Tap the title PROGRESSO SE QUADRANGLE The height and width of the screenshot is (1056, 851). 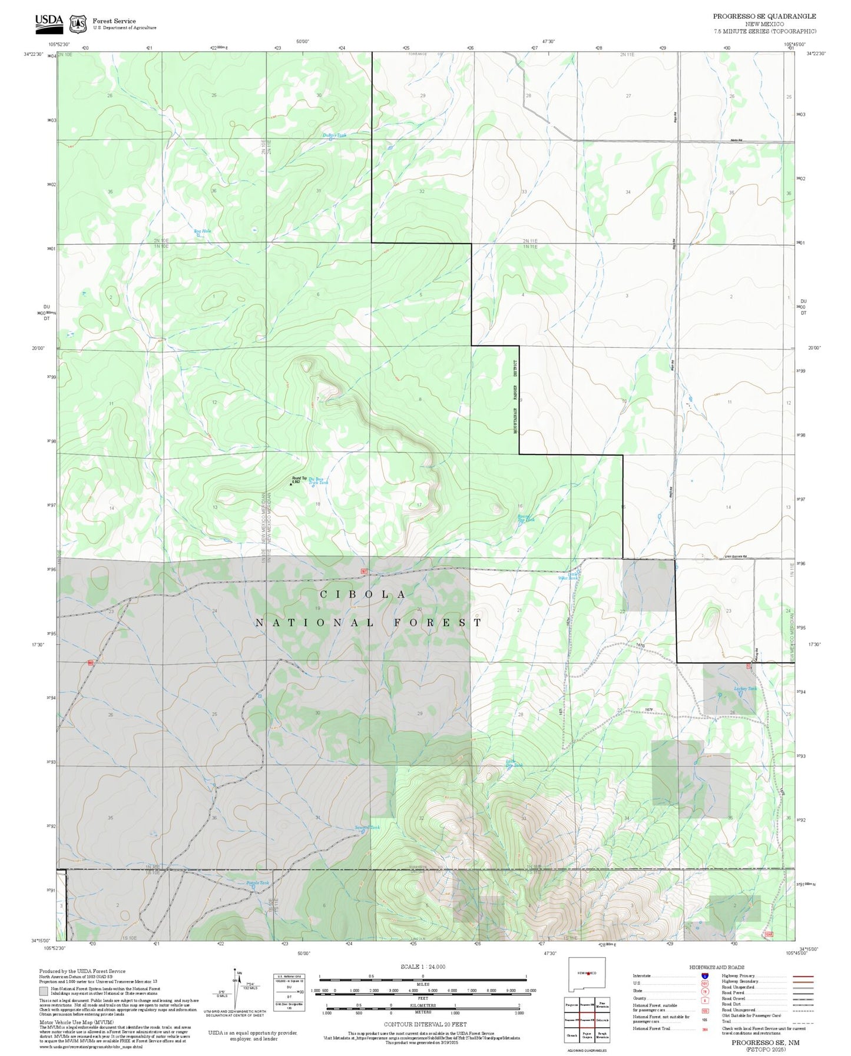[764, 16]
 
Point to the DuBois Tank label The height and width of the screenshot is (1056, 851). [335, 135]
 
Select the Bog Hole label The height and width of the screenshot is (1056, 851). [202, 231]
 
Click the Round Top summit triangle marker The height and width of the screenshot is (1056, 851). [291, 484]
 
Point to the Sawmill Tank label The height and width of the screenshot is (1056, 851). [367, 828]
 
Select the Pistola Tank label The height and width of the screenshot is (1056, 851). [257, 883]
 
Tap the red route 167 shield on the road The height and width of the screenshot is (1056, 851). [365, 572]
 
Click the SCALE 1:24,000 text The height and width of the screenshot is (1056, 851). [422, 967]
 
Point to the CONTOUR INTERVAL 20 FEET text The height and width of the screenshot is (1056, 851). [422, 1024]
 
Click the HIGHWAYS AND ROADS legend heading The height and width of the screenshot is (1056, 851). [716, 967]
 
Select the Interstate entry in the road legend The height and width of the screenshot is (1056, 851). [642, 976]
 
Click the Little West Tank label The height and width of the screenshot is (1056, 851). [569, 576]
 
